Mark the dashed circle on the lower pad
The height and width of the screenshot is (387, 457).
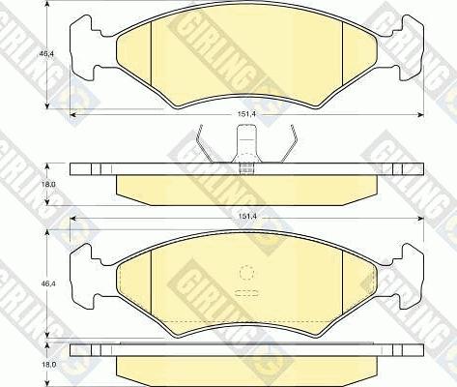click(245, 274)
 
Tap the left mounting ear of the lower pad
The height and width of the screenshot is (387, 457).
click(88, 276)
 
